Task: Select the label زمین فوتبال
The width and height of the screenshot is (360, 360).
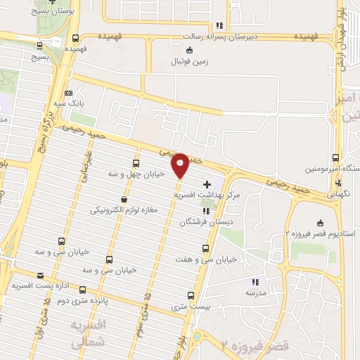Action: point(190,61)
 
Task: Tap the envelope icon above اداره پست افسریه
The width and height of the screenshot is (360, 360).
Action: point(39,276)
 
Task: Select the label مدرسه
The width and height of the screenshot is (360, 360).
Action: point(253,291)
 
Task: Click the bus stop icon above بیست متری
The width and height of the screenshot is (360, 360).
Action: point(191,296)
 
